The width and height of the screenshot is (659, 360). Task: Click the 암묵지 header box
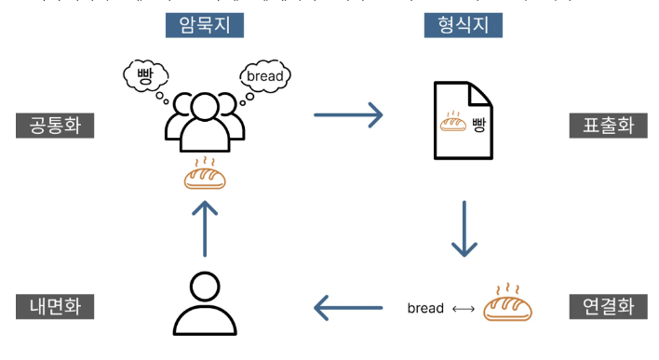pos(204,24)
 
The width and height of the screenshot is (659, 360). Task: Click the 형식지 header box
pos(463,24)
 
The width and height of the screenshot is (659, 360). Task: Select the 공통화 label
pos(55,126)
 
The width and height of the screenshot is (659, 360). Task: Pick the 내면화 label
pos(55,306)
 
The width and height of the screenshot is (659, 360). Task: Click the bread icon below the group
pos(205,174)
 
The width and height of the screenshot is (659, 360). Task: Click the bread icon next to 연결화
pos(508,304)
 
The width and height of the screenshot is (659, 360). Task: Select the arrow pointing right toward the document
pos(348,115)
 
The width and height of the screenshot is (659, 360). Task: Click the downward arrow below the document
pos(464,227)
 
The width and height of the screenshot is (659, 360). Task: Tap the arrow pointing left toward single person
pos(348,306)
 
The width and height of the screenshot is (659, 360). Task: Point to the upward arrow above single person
pos(205,227)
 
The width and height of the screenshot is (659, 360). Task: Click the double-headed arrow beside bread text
pos(463,308)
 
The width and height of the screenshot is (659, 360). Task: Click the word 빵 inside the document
pos(478,124)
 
